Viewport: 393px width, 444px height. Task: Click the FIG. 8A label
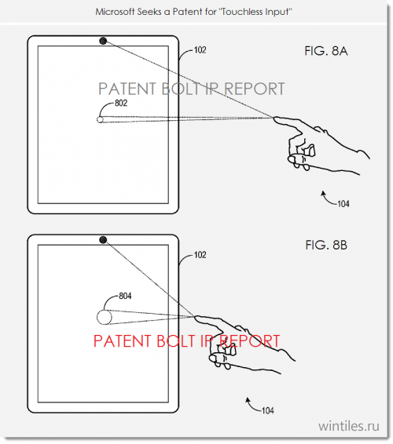326,51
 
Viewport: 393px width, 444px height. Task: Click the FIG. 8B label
326,245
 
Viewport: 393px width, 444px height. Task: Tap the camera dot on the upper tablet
103,41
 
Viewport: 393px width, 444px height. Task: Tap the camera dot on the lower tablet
103,240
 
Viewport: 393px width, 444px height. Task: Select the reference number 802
121,103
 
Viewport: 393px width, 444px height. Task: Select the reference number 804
125,297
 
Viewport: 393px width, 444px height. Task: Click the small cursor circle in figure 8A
100,119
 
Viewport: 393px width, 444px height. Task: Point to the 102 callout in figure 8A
200,50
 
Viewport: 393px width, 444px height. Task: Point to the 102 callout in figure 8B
200,255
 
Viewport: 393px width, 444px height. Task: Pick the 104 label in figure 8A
343,204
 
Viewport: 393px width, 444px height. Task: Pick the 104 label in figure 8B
268,410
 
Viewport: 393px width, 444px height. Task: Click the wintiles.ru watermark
349,426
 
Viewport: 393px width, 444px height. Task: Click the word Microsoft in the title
115,12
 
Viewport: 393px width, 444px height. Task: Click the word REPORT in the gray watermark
254,89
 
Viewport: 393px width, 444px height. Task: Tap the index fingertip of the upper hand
274,118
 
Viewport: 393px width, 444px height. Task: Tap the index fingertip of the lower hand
196,318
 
